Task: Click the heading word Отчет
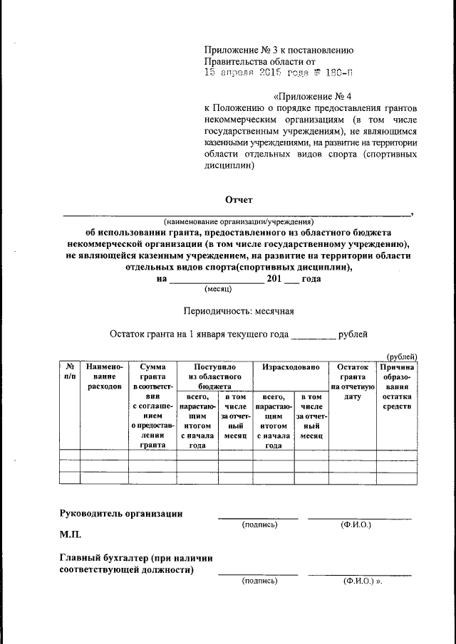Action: click(239, 200)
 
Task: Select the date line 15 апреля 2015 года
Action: click(278, 72)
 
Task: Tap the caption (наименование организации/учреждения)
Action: click(238, 222)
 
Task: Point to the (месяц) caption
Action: click(216, 290)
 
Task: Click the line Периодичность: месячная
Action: click(239, 311)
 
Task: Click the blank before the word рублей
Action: click(313, 333)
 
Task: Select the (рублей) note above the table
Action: click(401, 357)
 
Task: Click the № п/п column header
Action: click(70, 371)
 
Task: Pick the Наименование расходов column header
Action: click(104, 376)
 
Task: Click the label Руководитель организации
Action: click(121, 513)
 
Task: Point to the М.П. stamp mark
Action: click(71, 534)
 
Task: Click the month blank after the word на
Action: click(215, 279)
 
